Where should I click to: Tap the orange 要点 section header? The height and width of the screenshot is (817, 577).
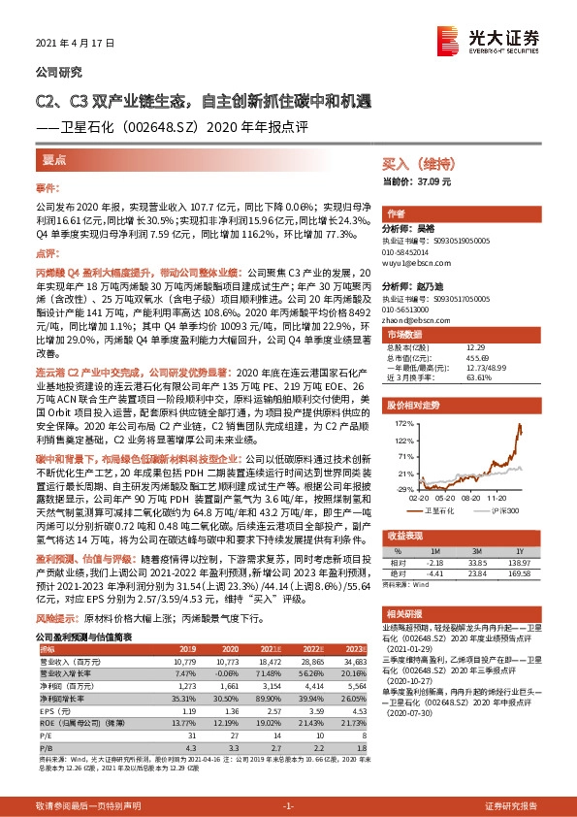pyautogui.click(x=54, y=158)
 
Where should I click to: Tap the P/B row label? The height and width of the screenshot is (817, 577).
pyautogui.click(x=46, y=720)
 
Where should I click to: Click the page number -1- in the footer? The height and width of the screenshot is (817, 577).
pyautogui.click(x=288, y=806)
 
